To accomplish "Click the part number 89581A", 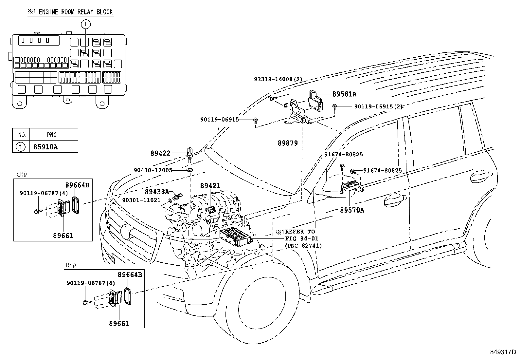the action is click(344, 94).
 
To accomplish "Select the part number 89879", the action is click(288, 143).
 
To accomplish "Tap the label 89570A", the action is click(352, 210).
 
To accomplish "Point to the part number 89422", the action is click(160, 153).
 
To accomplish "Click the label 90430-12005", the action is click(153, 170).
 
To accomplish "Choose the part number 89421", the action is click(210, 186).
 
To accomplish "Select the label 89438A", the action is click(157, 192).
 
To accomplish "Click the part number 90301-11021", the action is click(141, 200).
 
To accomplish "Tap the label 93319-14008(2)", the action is click(278, 79).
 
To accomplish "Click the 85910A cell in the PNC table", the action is click(45, 147).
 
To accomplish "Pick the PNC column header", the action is click(52, 135).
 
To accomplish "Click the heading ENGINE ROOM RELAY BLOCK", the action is click(76, 12).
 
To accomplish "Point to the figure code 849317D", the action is click(503, 352).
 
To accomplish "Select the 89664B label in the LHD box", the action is click(77, 185).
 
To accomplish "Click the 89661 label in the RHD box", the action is click(119, 323).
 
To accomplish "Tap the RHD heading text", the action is click(71, 265).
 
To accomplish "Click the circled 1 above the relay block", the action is click(86, 24).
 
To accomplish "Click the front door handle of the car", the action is click(393, 201).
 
